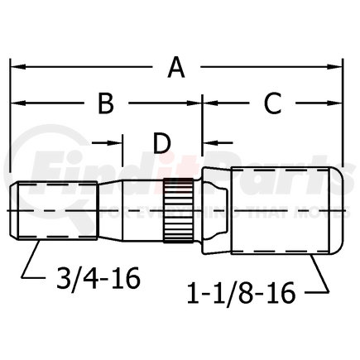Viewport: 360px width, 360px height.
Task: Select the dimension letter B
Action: (x=106, y=104)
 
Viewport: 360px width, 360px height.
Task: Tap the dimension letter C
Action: (x=272, y=104)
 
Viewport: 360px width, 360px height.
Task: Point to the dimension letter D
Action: (x=162, y=143)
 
